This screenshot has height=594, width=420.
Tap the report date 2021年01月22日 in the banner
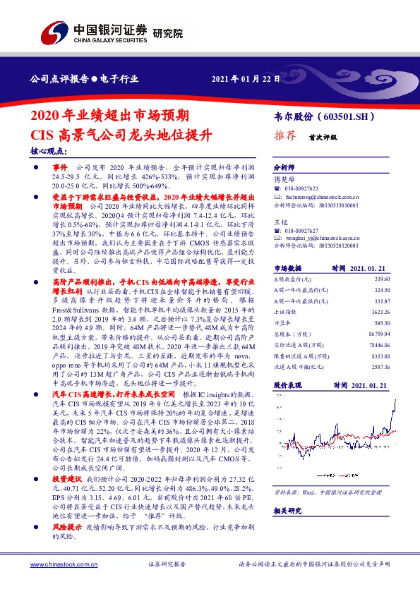246,79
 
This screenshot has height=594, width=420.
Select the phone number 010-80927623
304,189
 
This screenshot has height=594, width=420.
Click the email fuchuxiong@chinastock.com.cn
319,198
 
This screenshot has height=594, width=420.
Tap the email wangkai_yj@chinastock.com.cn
320,239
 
